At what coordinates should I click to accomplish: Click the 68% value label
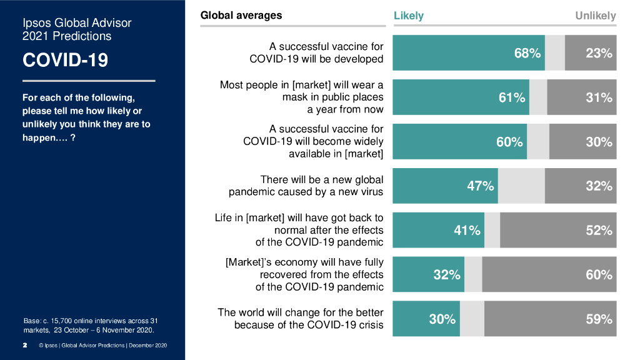pos(527,53)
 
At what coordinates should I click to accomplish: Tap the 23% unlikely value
pos(599,53)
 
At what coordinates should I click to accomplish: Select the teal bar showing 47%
pos(445,186)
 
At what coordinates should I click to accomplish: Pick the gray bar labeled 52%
pos(558,230)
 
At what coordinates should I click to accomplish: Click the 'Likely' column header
pos(408,16)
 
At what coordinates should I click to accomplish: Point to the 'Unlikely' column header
pos(595,16)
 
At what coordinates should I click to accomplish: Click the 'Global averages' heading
pos(241,15)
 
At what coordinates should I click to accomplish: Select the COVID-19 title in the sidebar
pos(65,60)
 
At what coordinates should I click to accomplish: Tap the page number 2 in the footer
pos(25,345)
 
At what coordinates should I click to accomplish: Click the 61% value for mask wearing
pos(511,97)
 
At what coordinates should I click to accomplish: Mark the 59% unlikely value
pos(599,319)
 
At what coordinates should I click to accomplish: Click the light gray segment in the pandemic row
pos(521,186)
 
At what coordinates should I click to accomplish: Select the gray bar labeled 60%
pos(549,274)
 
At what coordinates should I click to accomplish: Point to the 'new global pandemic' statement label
pos(306,186)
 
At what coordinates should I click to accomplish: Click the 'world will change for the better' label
pos(300,319)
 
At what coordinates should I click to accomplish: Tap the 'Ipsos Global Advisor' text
pos(77,23)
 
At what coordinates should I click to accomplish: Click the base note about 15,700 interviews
pos(89,325)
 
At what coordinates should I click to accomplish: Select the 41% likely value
pos(467,230)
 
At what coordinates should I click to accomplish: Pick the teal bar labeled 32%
pos(428,274)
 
